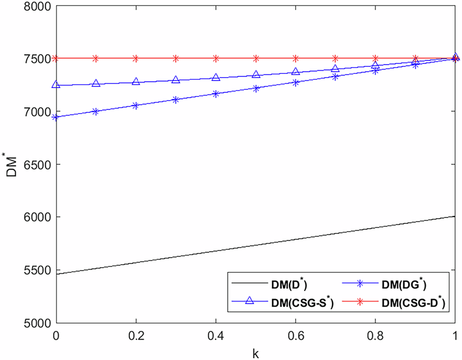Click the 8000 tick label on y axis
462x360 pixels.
point(37,6)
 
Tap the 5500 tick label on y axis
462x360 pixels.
point(37,270)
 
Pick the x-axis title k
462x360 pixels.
point(255,353)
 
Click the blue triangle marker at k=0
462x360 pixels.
point(56,84)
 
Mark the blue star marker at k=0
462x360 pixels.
point(56,117)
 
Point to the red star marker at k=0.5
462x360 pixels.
point(256,58)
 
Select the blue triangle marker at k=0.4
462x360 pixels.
point(216,77)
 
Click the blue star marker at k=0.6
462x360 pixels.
point(296,83)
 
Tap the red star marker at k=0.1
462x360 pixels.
point(96,58)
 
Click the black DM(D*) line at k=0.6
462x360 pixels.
point(296,239)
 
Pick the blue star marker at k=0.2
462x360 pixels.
point(136,106)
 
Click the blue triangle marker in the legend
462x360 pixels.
point(249,300)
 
